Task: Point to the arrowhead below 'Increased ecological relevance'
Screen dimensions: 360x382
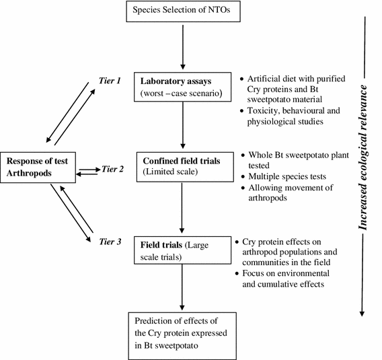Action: (x=364, y=311)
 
